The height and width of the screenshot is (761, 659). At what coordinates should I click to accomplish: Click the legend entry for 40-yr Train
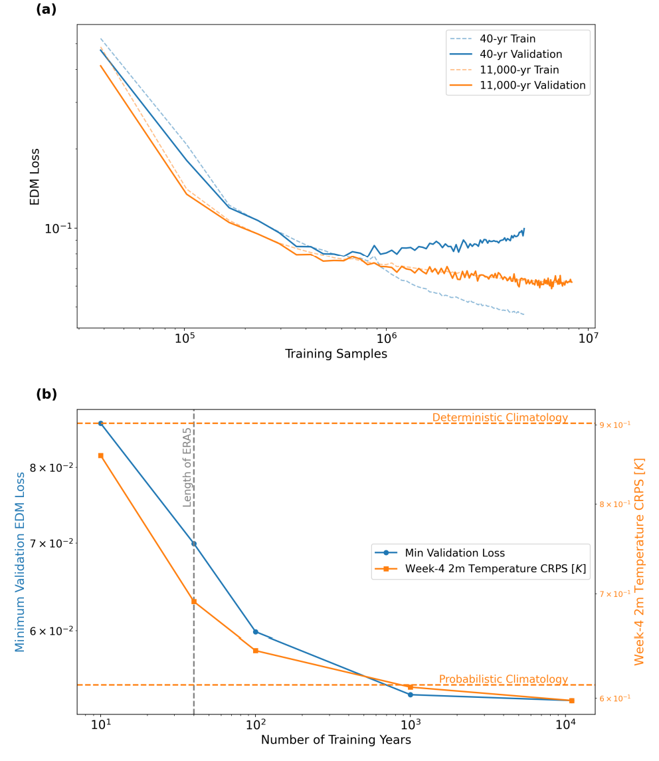pyautogui.click(x=508, y=39)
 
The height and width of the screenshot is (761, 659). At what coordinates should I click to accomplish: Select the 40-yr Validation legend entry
pyautogui.click(x=521, y=54)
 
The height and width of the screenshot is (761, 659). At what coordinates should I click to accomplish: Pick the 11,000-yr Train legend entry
pyautogui.click(x=519, y=70)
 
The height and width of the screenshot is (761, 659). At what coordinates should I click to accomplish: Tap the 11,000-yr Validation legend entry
pyautogui.click(x=532, y=85)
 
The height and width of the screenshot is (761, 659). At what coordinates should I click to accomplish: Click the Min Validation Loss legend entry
pyautogui.click(x=454, y=552)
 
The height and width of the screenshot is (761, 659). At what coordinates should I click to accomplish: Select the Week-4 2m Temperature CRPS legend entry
pyautogui.click(x=496, y=568)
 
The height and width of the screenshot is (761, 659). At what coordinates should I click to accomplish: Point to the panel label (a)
pyautogui.click(x=46, y=9)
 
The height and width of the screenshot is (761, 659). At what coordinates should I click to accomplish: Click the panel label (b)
pyautogui.click(x=46, y=394)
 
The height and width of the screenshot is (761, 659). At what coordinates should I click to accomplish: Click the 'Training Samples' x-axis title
pyautogui.click(x=335, y=354)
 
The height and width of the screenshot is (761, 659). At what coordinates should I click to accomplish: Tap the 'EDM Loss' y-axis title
pyautogui.click(x=35, y=176)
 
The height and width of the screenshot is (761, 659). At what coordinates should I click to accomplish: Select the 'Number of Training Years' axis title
pyautogui.click(x=335, y=740)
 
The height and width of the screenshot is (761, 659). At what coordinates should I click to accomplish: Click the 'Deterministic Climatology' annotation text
pyautogui.click(x=500, y=417)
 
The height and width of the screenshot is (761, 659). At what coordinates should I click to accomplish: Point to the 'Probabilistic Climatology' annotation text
pyautogui.click(x=503, y=679)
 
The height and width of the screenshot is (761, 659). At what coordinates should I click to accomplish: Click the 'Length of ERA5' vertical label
pyautogui.click(x=187, y=467)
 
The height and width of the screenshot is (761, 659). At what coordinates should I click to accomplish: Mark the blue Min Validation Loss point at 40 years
pyautogui.click(x=194, y=544)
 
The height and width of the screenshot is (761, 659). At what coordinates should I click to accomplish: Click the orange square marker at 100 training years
pyautogui.click(x=255, y=651)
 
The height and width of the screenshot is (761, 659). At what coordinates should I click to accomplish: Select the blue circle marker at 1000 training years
pyautogui.click(x=411, y=695)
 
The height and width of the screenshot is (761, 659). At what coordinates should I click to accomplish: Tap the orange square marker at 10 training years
pyautogui.click(x=101, y=455)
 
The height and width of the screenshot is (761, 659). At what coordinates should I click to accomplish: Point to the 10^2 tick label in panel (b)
pyautogui.click(x=255, y=724)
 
